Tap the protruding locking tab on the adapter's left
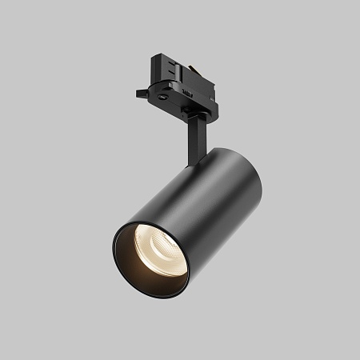click(x=141, y=94)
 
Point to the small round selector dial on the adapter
click(x=164, y=94)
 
